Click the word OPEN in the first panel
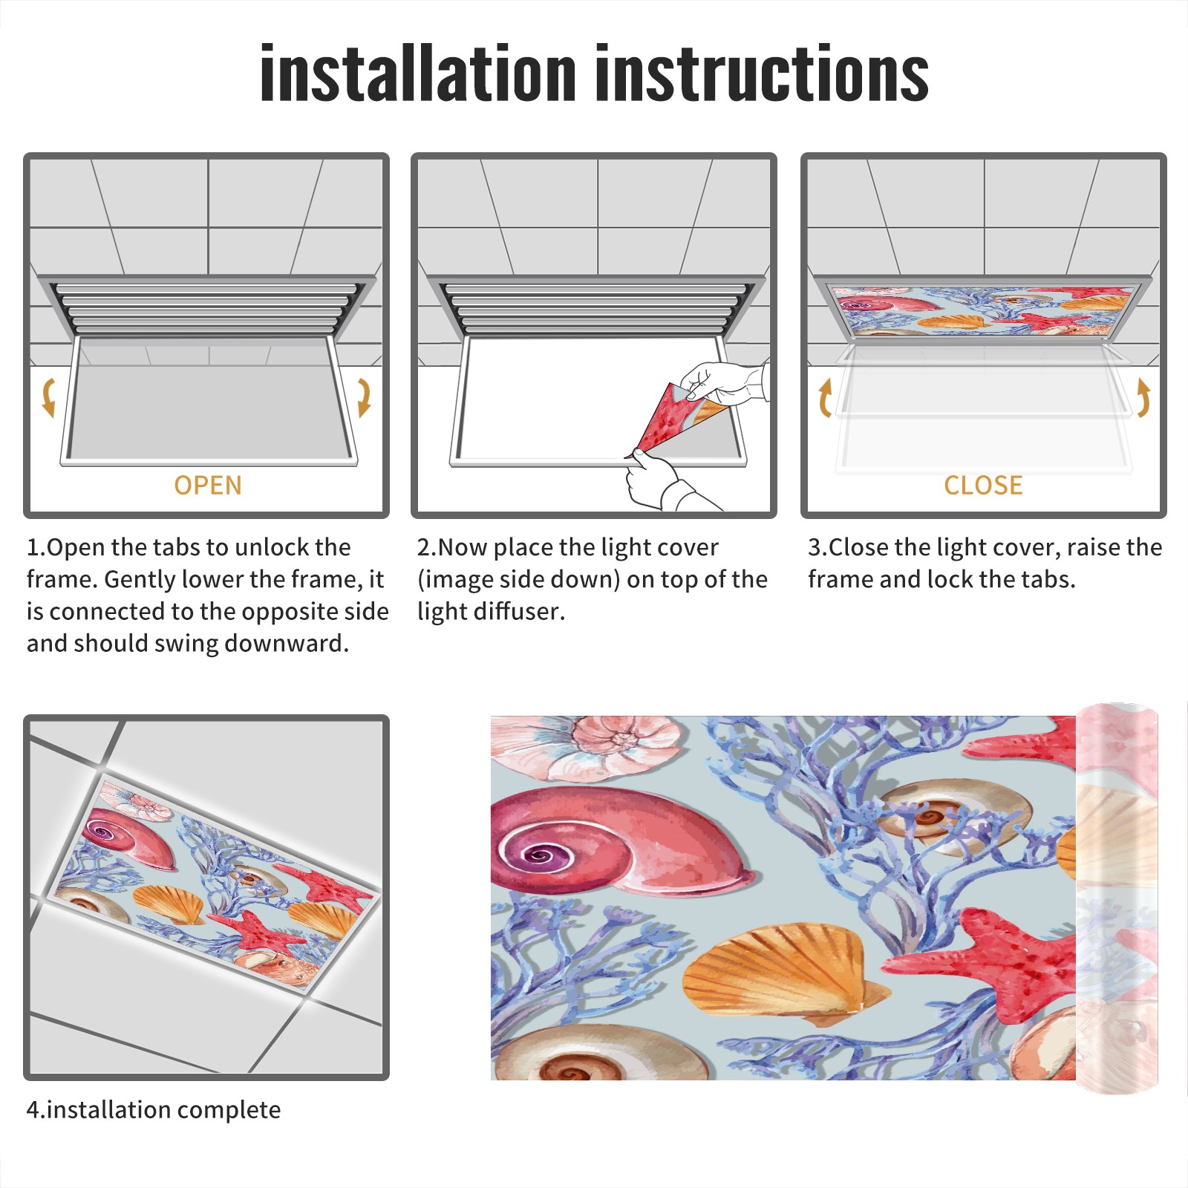click(208, 486)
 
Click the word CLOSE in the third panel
click(983, 486)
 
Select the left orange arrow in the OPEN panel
click(48, 397)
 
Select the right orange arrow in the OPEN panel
click(364, 397)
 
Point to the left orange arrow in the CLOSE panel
click(825, 397)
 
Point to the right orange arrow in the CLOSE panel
click(1143, 397)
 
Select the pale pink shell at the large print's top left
click(587, 746)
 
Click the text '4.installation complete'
click(154, 1110)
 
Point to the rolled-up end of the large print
click(1117, 898)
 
